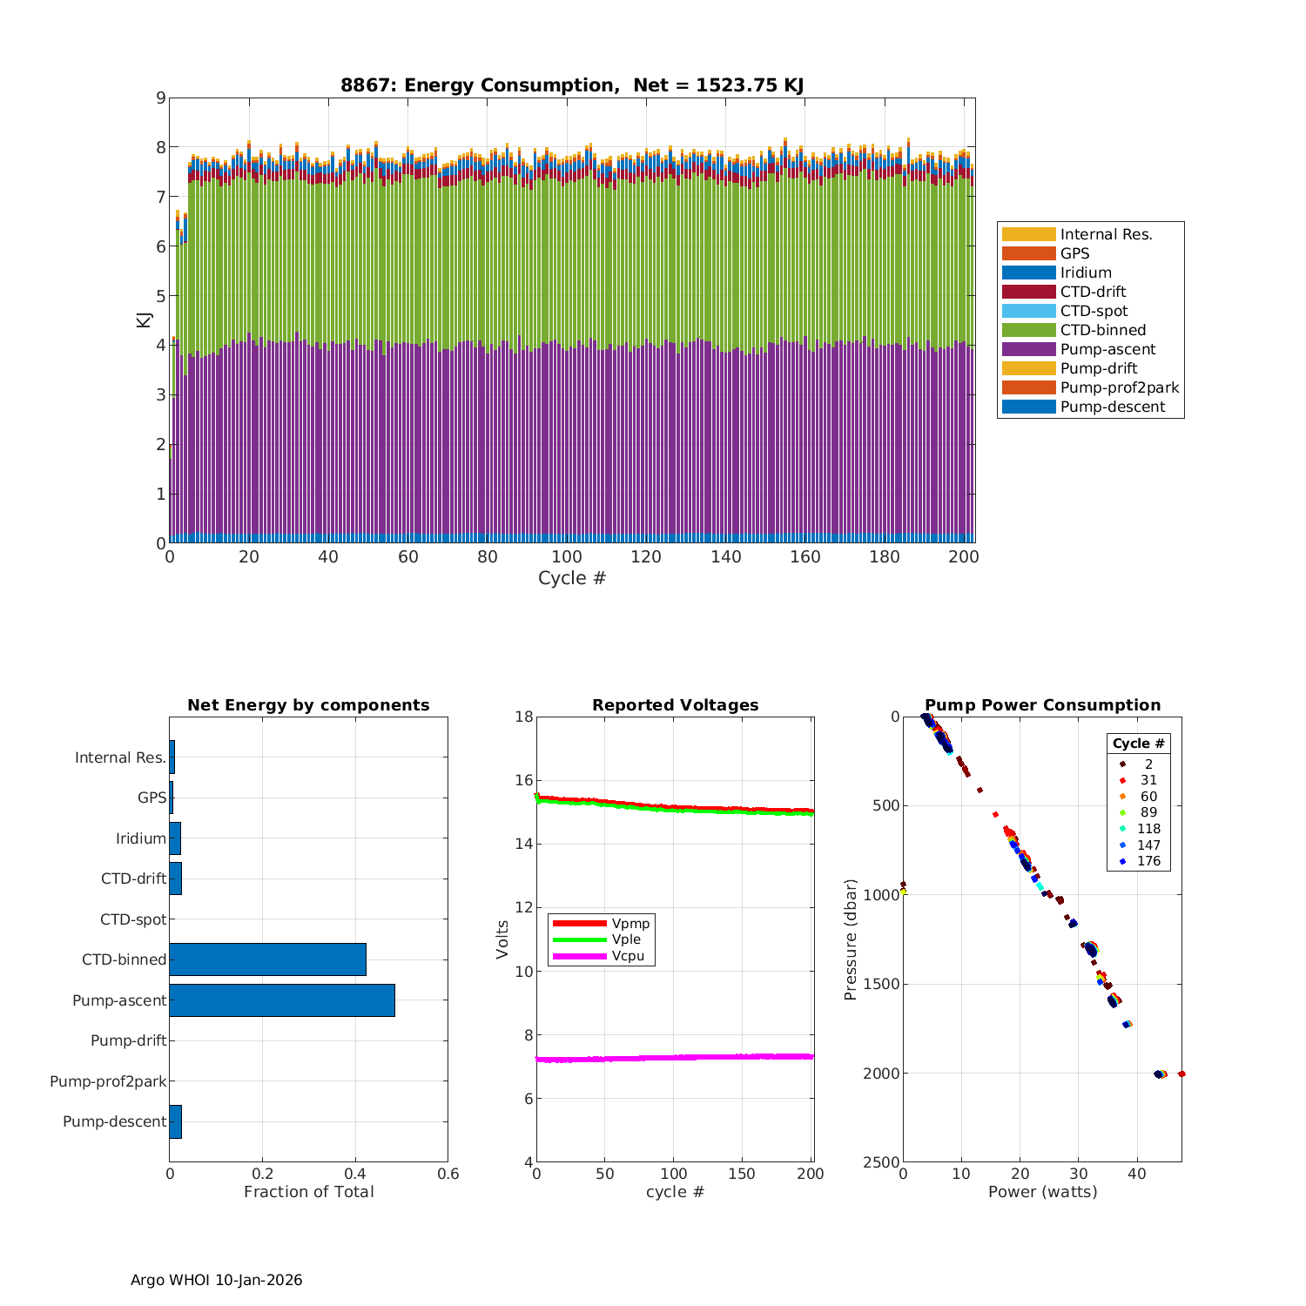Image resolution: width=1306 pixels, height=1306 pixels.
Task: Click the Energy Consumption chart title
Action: point(572,85)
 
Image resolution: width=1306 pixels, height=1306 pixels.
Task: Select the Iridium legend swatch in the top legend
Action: point(1028,273)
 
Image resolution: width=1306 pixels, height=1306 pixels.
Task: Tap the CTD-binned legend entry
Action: point(1102,330)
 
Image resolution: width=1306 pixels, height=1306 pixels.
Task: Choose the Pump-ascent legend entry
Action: point(1107,349)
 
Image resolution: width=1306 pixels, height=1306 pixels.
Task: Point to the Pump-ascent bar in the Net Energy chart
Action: point(282,1000)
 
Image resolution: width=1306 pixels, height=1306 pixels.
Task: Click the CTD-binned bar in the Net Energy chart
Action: point(267,959)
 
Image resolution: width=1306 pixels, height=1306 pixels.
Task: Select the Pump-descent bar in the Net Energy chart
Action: point(175,1121)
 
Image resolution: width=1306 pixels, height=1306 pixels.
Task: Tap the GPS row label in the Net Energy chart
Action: point(151,798)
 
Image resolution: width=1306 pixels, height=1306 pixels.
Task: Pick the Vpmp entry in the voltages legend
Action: point(630,923)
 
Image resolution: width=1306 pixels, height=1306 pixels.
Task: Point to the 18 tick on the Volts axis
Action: point(523,717)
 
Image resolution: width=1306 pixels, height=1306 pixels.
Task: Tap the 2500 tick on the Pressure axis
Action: point(881,1162)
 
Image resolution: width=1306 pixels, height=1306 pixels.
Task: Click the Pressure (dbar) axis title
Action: point(851,939)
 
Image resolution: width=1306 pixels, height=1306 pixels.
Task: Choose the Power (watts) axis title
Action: point(1042,1192)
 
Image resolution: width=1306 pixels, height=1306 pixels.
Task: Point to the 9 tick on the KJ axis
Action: point(160,98)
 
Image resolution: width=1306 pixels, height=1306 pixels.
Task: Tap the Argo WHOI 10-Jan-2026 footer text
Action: point(216,1280)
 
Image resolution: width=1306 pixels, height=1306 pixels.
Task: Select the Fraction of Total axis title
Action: point(308,1192)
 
